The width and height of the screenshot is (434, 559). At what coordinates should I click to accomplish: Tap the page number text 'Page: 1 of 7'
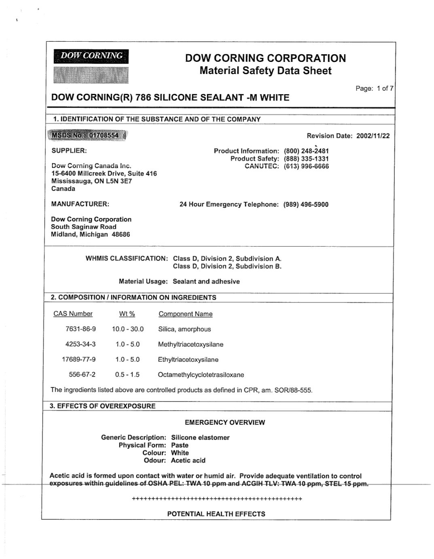[x=374, y=88]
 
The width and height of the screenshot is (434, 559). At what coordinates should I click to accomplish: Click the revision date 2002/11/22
[x=373, y=136]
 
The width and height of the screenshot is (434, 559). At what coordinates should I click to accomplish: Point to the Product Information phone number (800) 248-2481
[x=306, y=151]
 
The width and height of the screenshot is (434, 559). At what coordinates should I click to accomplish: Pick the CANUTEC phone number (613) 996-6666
[x=306, y=166]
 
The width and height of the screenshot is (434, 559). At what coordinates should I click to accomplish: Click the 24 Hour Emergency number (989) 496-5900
[x=306, y=204]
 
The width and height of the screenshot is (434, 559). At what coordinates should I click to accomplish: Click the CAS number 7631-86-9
[x=80, y=329]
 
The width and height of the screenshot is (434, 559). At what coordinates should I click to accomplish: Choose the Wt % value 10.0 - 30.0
[x=128, y=329]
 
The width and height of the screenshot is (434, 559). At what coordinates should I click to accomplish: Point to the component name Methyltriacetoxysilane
[x=191, y=344]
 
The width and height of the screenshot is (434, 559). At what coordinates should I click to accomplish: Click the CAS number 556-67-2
[x=82, y=375]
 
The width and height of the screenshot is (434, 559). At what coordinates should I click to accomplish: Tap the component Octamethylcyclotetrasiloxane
[x=201, y=375]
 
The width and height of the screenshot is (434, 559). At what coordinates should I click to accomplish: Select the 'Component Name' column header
[x=185, y=314]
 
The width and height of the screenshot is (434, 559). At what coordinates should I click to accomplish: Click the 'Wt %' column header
[x=127, y=314]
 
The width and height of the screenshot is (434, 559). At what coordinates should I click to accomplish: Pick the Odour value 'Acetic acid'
[x=188, y=460]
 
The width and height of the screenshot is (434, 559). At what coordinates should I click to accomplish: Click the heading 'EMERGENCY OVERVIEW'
[x=225, y=422]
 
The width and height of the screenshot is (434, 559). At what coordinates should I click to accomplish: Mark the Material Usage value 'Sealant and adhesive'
[x=206, y=282]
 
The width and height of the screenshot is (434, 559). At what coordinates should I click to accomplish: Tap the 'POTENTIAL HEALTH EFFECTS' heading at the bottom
[x=216, y=514]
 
